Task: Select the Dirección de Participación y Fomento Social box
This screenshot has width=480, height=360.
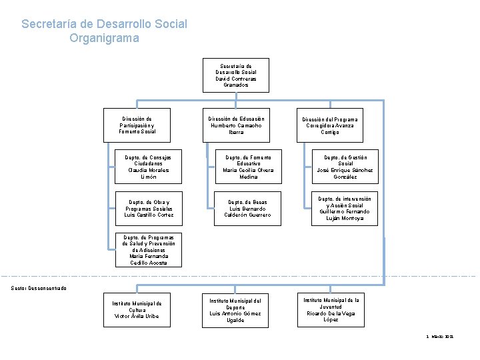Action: pyautogui.click(x=137, y=125)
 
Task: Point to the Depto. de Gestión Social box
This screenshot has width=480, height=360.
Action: pyautogui.click(x=345, y=167)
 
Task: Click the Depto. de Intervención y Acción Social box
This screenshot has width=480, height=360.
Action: pyautogui.click(x=345, y=208)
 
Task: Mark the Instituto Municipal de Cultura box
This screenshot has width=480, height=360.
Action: pyautogui.click(x=137, y=310)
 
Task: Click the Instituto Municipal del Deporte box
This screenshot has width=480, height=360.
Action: pyautogui.click(x=235, y=310)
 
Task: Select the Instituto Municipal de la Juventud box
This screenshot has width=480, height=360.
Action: pyautogui.click(x=331, y=310)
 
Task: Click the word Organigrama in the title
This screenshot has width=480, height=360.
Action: pyautogui.click(x=104, y=38)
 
